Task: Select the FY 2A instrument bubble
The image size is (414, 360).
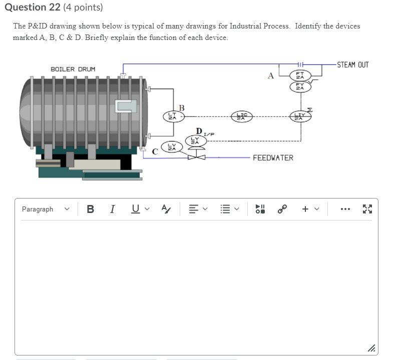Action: point(300,86)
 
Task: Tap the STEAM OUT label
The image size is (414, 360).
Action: point(352,65)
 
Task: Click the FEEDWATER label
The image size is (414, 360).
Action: point(273,158)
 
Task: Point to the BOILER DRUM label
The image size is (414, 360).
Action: point(73,68)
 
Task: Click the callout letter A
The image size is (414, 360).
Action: point(271,76)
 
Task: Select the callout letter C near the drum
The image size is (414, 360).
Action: point(155,151)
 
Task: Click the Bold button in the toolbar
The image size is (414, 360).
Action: point(90,209)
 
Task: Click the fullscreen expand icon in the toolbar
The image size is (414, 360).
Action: point(367,209)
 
